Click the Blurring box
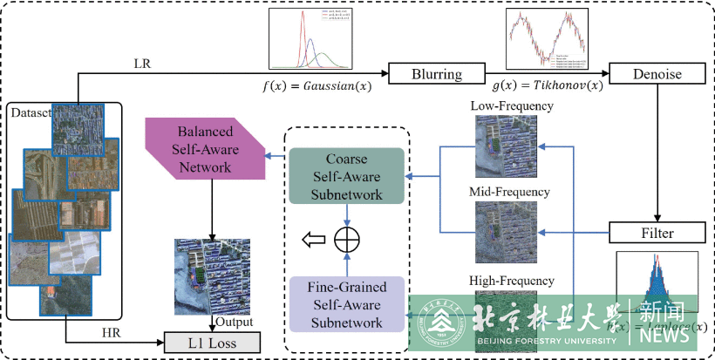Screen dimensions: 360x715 (437, 73)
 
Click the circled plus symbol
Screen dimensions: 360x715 (347, 238)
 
